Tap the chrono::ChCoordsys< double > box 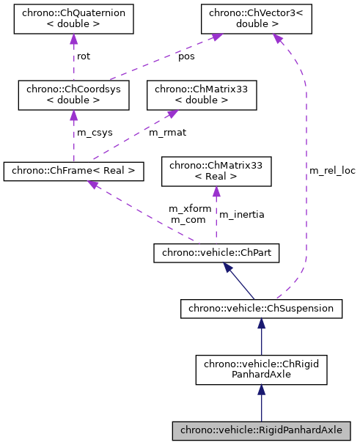point(73,95)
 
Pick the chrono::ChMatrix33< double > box point(202,95)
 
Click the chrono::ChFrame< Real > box point(73,172)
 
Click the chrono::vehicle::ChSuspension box point(261,309)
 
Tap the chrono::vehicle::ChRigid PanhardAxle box point(261,369)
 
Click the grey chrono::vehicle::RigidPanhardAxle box point(261,430)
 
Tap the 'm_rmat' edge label point(166,133)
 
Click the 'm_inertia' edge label point(242,214)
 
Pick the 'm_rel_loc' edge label point(331,171)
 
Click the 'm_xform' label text point(190,209)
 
